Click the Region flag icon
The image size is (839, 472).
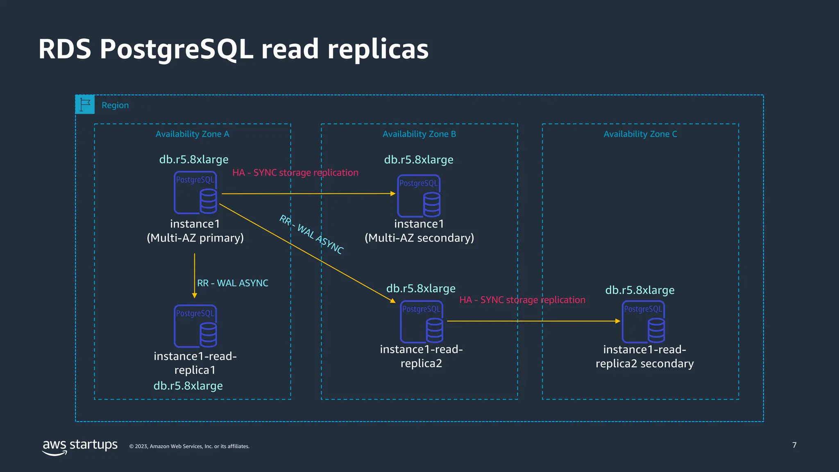[x=85, y=104]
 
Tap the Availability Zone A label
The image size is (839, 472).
[x=192, y=134]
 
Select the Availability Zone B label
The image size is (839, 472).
[x=419, y=134]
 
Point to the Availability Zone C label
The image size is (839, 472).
[x=640, y=134]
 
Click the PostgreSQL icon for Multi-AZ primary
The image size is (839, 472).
[x=195, y=193]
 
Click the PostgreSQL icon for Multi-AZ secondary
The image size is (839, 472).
[x=419, y=196]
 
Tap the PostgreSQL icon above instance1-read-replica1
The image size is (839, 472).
[x=195, y=326]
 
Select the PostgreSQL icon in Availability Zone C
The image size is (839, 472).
[x=643, y=322]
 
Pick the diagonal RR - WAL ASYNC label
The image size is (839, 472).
[x=311, y=234]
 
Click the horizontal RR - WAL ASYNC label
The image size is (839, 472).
[x=233, y=283]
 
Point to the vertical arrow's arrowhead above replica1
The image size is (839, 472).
[x=195, y=295]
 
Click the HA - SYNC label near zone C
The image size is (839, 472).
[x=522, y=300]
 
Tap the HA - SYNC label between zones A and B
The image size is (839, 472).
[x=295, y=172]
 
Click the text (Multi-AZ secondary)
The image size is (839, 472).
[x=419, y=238]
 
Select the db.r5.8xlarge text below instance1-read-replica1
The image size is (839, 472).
[x=188, y=386]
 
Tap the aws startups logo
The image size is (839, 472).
[x=80, y=446]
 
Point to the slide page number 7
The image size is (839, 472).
[x=794, y=445]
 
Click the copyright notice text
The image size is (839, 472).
[x=189, y=446]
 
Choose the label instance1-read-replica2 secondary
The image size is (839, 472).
[x=644, y=356]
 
